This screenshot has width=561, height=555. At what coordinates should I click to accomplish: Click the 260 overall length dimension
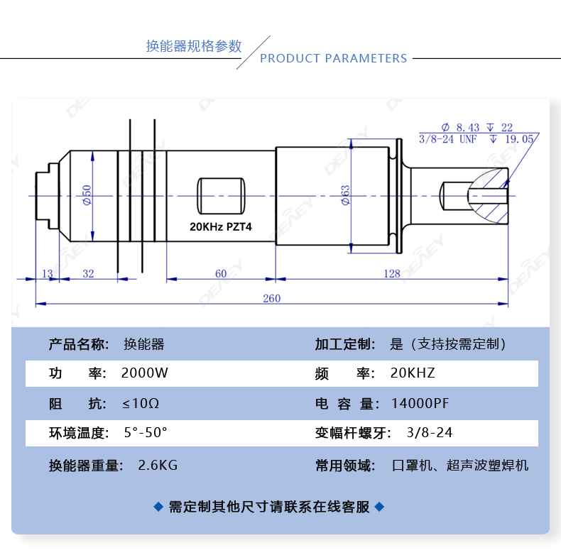(271, 298)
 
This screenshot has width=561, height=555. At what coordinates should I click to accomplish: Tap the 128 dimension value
(391, 274)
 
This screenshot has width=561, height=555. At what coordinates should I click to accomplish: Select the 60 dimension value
(221, 274)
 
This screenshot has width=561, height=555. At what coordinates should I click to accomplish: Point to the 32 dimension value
(89, 274)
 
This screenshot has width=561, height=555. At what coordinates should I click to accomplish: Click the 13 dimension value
(48, 274)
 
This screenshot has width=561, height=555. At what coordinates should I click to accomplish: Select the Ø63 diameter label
(346, 195)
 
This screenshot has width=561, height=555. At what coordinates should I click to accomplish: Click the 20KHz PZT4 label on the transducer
(221, 228)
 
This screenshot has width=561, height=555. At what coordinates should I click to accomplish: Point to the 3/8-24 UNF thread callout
(447, 139)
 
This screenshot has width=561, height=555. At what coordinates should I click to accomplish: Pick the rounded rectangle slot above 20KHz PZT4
(221, 194)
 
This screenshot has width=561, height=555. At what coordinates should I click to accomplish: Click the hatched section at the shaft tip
(491, 194)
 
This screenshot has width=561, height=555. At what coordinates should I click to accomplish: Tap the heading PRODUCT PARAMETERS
(333, 58)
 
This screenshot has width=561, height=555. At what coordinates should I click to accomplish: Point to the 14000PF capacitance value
(420, 404)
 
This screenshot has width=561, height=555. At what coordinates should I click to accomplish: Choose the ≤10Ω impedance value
(141, 404)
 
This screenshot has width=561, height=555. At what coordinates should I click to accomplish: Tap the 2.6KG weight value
(158, 466)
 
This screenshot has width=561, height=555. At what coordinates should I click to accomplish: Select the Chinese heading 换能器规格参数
(194, 47)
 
